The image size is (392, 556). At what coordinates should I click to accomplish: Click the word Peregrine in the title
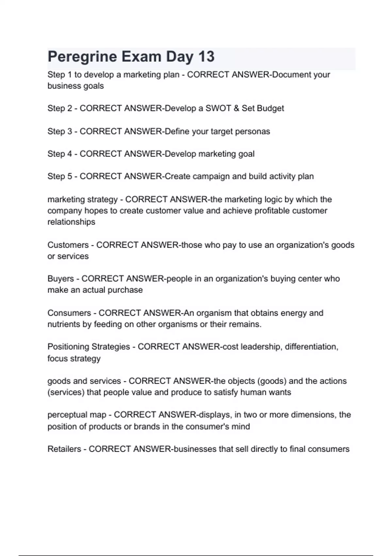pos(82,57)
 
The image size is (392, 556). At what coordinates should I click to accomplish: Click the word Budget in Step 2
pos(270,108)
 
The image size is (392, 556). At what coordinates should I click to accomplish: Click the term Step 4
pos(60,154)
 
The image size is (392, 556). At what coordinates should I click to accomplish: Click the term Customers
pos(68,245)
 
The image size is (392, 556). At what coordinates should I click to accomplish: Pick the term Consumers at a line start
pos(69,313)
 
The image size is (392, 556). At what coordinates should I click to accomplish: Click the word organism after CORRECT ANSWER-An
pos(214,313)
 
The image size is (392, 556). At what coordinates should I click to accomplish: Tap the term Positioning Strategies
pos(89,347)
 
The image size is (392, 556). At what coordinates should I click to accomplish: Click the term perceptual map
pos(77,415)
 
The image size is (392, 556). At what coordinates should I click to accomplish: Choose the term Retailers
pos(64,449)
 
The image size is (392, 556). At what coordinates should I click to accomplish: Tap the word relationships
pos(71,222)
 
